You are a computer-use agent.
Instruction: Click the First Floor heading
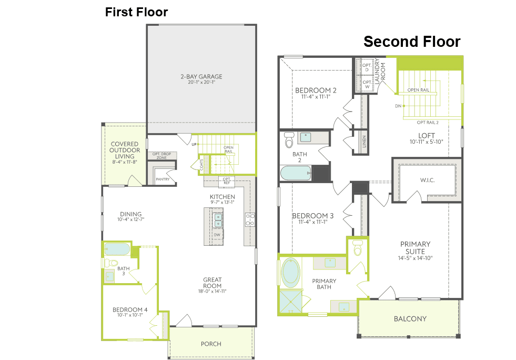point(136,12)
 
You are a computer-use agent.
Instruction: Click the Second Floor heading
point(412,42)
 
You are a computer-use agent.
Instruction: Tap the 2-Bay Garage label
point(201,79)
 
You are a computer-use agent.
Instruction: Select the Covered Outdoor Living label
point(124,153)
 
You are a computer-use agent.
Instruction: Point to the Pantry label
point(163,179)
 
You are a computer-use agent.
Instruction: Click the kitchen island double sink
point(218,220)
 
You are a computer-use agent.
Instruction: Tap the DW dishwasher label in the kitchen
point(217,235)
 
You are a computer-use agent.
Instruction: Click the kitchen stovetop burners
point(250,219)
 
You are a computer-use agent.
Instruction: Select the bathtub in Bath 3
point(117,249)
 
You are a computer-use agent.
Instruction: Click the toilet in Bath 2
point(289,140)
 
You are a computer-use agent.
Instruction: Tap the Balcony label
point(410,319)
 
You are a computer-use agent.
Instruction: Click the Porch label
point(211,344)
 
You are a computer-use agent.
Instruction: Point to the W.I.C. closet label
point(427,180)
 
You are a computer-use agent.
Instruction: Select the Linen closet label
point(364,142)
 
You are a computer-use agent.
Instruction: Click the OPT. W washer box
point(367,84)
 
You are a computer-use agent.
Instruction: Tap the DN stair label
point(398,106)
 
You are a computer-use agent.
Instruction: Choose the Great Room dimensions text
point(213,291)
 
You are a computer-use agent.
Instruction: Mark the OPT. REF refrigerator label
point(227,181)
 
